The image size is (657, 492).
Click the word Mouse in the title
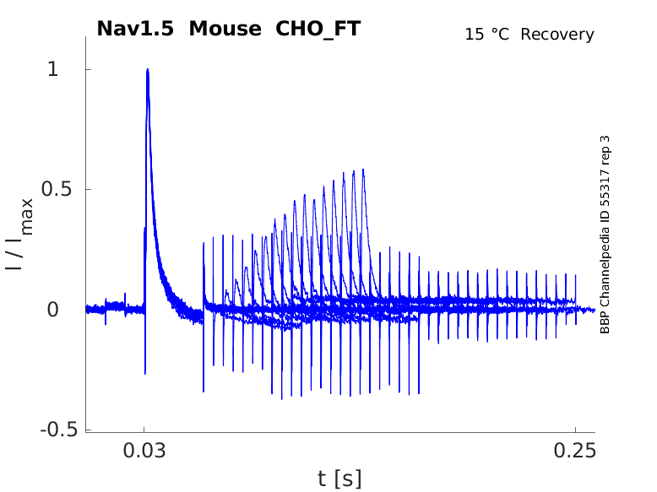[x=225, y=29]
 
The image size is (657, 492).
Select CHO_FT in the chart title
[x=318, y=29]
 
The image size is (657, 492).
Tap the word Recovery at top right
[x=557, y=35]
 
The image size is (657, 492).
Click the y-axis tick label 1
[x=53, y=69]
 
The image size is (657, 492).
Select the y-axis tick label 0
[x=53, y=310]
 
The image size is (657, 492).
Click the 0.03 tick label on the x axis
[x=144, y=452]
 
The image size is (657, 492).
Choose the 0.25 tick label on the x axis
[x=575, y=452]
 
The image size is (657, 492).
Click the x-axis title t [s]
[x=339, y=479]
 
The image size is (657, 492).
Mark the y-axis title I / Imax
[x=19, y=234]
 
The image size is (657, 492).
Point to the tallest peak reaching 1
[x=148, y=70]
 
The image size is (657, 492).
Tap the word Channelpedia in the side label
[x=605, y=259]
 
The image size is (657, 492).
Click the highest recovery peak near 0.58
[x=363, y=170]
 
